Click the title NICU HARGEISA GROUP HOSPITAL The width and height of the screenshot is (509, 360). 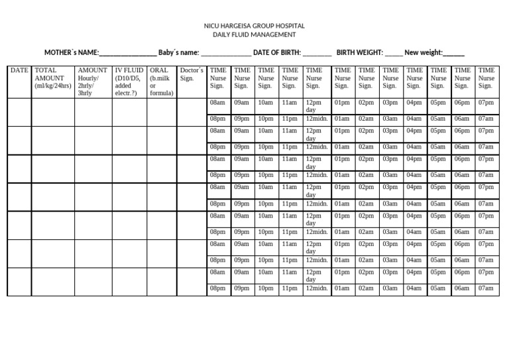point(254,26)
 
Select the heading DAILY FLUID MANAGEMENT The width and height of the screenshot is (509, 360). point(254,35)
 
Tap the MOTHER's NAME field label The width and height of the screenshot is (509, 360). point(72,52)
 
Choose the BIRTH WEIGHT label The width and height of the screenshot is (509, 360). point(360,52)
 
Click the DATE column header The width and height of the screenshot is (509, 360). point(19,70)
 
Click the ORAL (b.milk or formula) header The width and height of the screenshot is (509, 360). point(161,82)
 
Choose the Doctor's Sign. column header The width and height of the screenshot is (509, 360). point(192,74)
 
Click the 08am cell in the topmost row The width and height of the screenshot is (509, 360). point(217,103)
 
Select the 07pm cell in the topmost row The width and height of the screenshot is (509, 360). point(486,103)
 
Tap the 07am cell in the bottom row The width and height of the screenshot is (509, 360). point(486,288)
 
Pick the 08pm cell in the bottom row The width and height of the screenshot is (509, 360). point(217,288)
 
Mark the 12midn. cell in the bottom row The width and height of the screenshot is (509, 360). point(316,288)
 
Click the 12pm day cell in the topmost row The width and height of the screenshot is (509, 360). point(313,106)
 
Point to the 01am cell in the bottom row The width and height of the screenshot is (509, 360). point(342,288)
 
